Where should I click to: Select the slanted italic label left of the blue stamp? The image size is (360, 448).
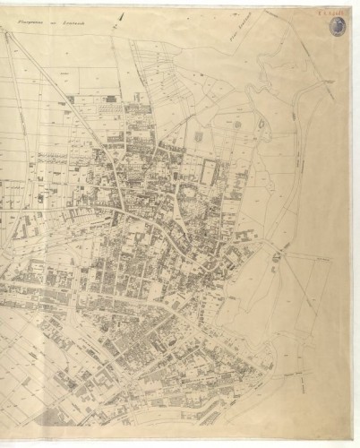point(240,35)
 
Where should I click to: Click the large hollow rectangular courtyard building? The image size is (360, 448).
point(210,173)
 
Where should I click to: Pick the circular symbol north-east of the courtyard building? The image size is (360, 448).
point(237,125)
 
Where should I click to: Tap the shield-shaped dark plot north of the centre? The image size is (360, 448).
point(198,137)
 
